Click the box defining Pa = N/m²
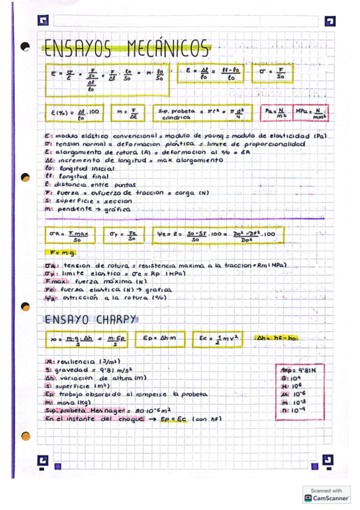[276, 113]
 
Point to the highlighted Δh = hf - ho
[277, 339]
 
